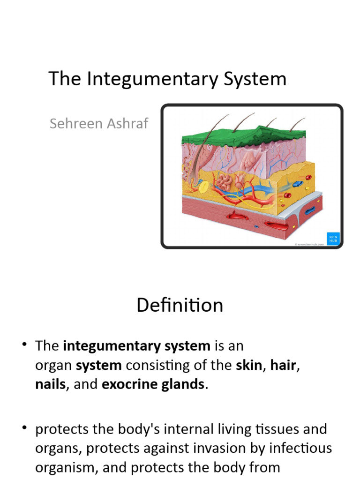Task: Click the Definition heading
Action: [x=180, y=305]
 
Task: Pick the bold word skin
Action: [x=248, y=365]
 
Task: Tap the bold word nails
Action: [x=50, y=384]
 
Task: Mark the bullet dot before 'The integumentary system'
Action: [x=24, y=346]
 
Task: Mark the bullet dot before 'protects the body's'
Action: [x=24, y=429]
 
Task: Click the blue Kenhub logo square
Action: [x=332, y=238]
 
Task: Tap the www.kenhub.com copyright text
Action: [x=309, y=244]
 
